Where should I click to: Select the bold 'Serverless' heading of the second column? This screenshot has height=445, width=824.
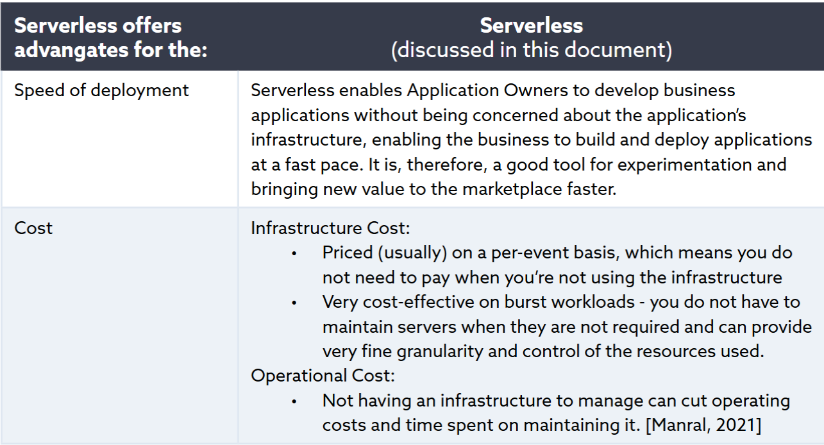(x=531, y=26)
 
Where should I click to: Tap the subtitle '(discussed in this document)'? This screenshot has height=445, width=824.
(x=531, y=50)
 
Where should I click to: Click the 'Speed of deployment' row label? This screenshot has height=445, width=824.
(x=101, y=90)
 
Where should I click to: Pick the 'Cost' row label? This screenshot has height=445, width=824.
(x=33, y=228)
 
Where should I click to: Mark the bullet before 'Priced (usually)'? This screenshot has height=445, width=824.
(x=294, y=253)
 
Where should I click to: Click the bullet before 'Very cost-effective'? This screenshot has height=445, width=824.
(x=294, y=302)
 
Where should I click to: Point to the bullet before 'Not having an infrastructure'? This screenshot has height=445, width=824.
(x=294, y=401)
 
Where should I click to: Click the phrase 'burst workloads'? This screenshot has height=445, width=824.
(x=517, y=302)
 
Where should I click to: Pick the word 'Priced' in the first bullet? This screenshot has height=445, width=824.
(x=347, y=253)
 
